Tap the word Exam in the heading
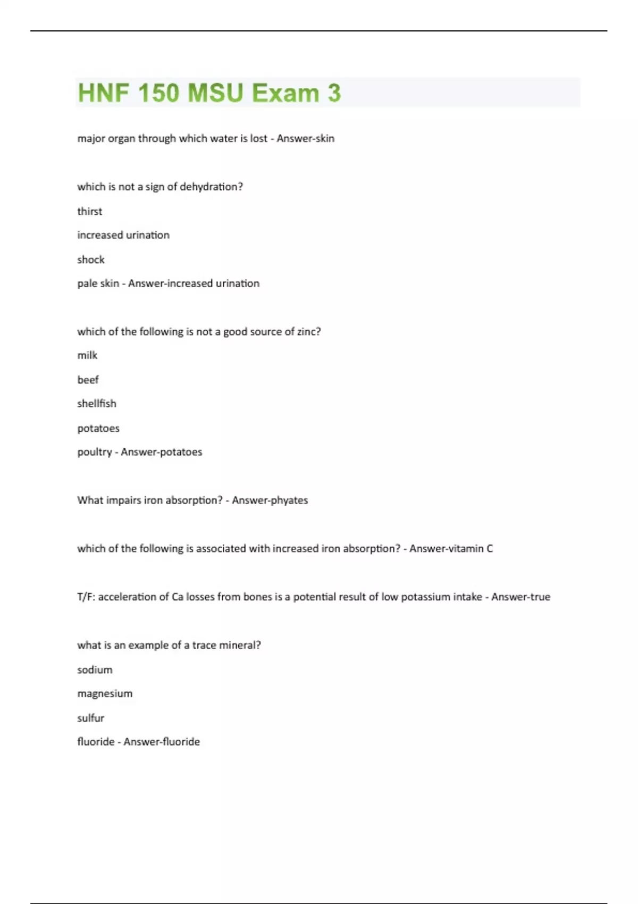285,93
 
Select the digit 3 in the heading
334,93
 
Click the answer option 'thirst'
89,211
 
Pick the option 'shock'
91,260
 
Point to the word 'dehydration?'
211,187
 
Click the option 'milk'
87,355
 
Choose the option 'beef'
88,380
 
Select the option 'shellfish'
96,404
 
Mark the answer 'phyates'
289,500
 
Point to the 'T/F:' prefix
86,597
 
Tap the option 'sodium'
95,669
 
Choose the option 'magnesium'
105,693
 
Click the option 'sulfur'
90,718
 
